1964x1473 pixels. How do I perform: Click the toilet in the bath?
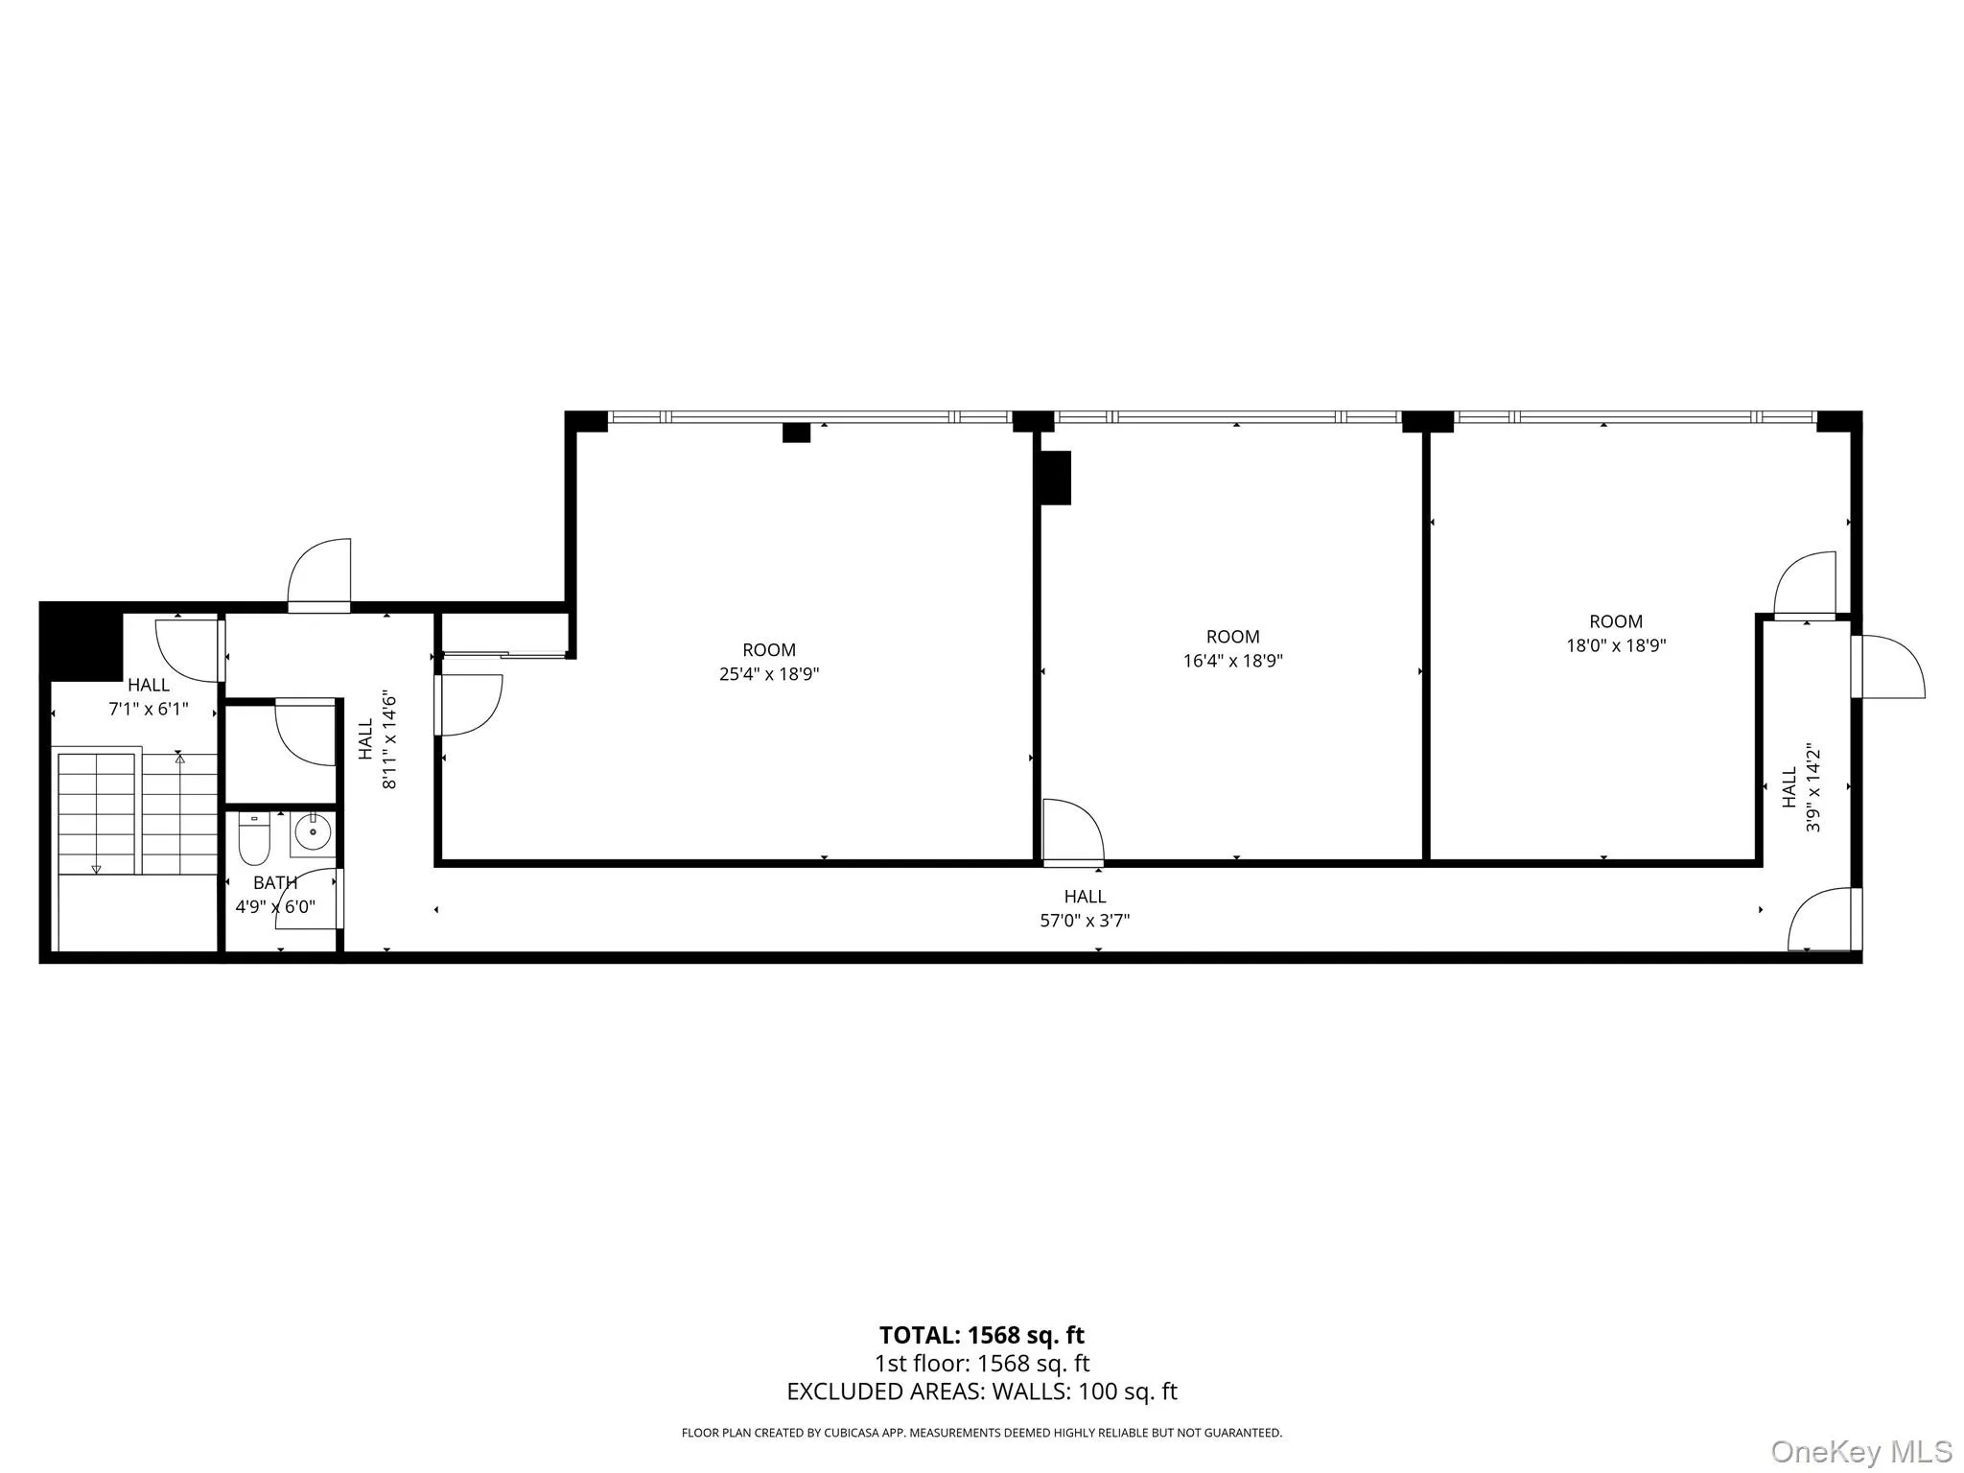pos(254,840)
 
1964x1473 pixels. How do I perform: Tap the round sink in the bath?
pos(313,832)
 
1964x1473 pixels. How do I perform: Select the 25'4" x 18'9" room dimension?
pos(769,674)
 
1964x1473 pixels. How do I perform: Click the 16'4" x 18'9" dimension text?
pos(1232,661)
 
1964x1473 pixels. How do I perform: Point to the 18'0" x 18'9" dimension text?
pos(1616,645)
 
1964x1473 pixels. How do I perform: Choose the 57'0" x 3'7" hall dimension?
pos(1085,921)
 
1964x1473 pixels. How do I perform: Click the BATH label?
pos(275,883)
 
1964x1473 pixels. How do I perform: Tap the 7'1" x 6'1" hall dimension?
pos(149,710)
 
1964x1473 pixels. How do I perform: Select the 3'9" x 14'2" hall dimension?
pos(1812,787)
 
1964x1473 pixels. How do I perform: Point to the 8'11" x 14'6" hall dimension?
pos(389,739)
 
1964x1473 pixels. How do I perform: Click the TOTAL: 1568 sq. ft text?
pos(981,1335)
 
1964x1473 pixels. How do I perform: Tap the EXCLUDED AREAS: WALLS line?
pos(981,1391)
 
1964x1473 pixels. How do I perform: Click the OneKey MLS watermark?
pos(1861,1452)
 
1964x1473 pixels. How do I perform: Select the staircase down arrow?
pos(96,869)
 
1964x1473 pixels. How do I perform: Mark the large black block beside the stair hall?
pos(82,641)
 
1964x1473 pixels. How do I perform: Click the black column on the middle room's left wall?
pos(1056,478)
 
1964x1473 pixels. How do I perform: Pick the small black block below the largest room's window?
pos(796,433)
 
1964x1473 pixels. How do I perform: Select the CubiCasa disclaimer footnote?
pos(981,1433)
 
